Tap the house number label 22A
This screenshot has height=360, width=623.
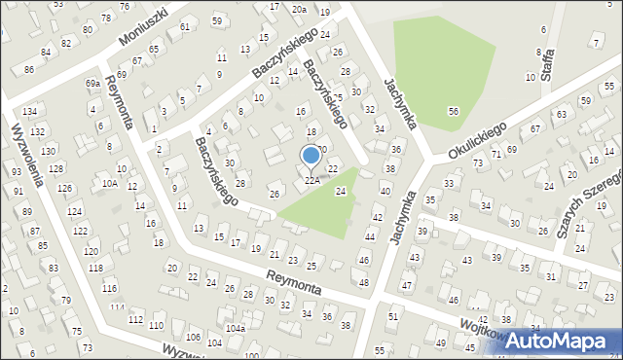311,180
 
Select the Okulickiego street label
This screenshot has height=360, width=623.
479,141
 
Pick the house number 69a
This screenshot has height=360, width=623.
92,84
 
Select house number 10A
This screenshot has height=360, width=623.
109,183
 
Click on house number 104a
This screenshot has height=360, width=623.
236,329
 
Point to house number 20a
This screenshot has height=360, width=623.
299,9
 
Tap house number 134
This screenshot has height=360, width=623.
30,113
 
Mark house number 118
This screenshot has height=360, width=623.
94,268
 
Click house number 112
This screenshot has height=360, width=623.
135,320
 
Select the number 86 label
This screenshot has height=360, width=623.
29,70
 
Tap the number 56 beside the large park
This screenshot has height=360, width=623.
454,112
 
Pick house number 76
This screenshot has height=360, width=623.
124,7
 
